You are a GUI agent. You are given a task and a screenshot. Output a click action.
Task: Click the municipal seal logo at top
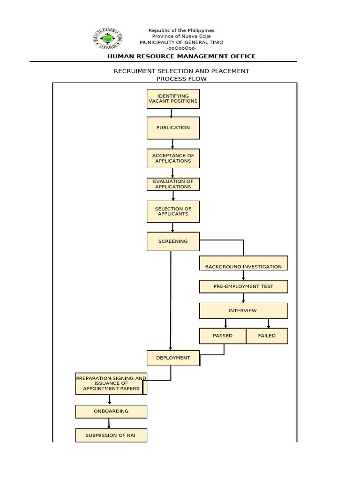point(109,39)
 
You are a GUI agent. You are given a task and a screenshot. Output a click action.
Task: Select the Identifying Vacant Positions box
point(173,98)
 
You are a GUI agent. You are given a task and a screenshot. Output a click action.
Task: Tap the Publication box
point(173,127)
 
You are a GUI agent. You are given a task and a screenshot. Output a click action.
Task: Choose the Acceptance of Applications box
point(173,158)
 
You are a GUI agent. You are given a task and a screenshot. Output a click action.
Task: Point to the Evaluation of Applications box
point(173,184)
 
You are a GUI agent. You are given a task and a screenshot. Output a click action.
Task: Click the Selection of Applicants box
point(173,211)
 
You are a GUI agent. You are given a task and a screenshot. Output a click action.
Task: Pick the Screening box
point(173,241)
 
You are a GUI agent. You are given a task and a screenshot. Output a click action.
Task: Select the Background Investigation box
point(243,263)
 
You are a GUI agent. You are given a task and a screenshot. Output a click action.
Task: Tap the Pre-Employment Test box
point(243,286)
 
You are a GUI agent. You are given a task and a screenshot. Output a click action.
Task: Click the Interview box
point(243,310)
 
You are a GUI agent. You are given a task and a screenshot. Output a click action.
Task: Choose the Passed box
point(223,336)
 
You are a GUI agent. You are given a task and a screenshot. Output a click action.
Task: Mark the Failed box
point(267,336)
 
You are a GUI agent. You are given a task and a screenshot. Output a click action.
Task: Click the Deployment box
point(173,358)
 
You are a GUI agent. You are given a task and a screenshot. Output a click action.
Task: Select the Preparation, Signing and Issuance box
point(111,383)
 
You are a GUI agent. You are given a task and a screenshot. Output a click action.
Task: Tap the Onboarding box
point(111,411)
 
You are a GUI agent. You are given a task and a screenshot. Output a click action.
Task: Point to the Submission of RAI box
point(111,435)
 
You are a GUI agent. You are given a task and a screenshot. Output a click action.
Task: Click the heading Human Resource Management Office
point(181,56)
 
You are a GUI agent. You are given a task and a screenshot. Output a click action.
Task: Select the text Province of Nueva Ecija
point(181,37)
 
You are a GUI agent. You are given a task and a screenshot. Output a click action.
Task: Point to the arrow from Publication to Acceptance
point(173,143)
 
